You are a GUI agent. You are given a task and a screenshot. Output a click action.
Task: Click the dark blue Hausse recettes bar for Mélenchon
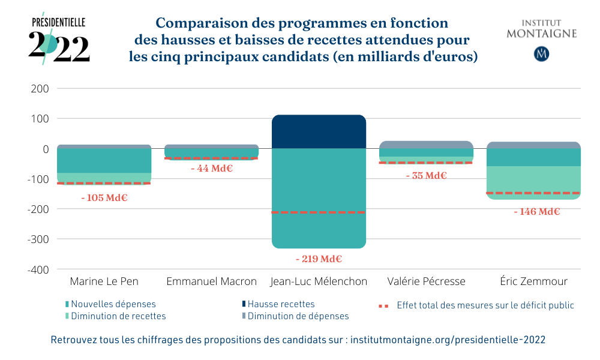319,131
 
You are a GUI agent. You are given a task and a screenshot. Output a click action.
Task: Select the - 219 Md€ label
319,259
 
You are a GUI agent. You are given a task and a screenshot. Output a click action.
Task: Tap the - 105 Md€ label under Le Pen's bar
104,197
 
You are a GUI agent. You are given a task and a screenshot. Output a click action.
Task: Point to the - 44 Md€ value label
211,169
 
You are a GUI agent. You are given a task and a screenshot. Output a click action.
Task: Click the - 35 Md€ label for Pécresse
426,176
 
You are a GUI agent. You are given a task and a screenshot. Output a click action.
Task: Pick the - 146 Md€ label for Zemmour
536,211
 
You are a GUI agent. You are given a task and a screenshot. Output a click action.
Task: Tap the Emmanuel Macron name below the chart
211,281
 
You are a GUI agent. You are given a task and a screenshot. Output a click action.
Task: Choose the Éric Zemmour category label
533,281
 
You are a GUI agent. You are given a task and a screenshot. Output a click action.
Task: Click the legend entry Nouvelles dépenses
113,305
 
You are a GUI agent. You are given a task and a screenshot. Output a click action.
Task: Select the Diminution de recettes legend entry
118,316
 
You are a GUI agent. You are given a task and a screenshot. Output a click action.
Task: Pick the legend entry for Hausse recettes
280,305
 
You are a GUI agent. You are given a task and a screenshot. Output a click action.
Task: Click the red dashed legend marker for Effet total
385,305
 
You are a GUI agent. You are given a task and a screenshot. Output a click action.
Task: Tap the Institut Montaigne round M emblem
541,53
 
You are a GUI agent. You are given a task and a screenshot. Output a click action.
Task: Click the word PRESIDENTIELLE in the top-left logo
58,23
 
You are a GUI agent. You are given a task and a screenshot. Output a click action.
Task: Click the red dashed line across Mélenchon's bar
319,212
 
